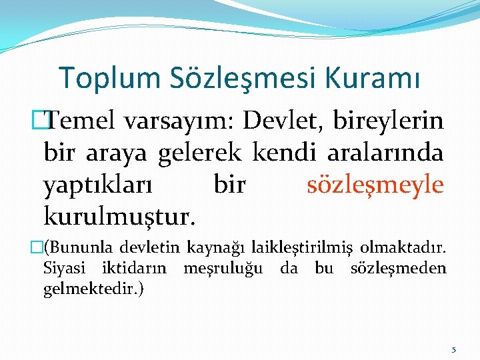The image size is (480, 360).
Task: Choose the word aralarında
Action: [x=385, y=152]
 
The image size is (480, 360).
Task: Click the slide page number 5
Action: [x=453, y=349]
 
